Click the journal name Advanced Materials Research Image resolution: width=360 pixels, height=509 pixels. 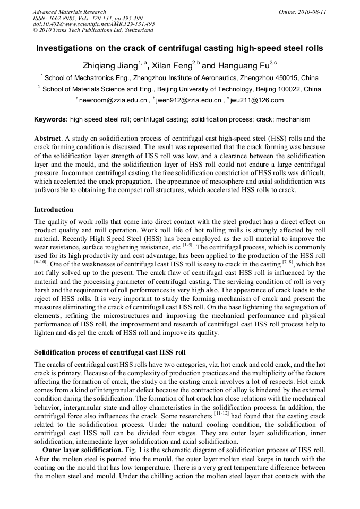[x=69, y=12]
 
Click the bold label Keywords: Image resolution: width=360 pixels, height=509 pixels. [x=51, y=120]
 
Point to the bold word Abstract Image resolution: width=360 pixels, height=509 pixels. [x=47, y=139]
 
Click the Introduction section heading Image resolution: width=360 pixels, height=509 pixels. [x=54, y=210]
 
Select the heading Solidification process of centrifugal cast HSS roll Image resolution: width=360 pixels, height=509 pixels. [x=110, y=352]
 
